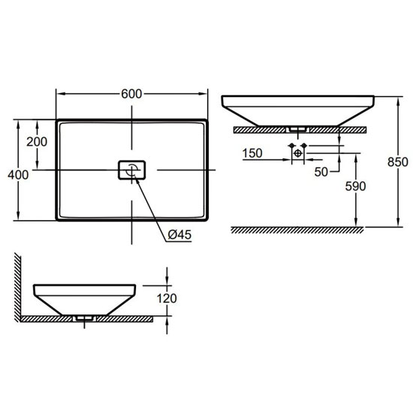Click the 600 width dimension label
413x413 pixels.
tap(131, 94)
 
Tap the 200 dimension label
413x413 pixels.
tap(37, 142)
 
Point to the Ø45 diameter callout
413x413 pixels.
tap(179, 235)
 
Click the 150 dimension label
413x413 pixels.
tap(252, 154)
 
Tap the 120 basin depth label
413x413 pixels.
tap(167, 299)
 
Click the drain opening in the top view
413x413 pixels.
tap(132, 169)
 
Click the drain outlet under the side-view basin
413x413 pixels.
tap(83, 318)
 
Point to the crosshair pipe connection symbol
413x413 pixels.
tap(298, 153)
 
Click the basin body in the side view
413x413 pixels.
tap(84, 297)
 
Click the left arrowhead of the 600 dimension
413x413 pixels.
tap(59, 94)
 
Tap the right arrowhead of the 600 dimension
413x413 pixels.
tap(204, 94)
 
